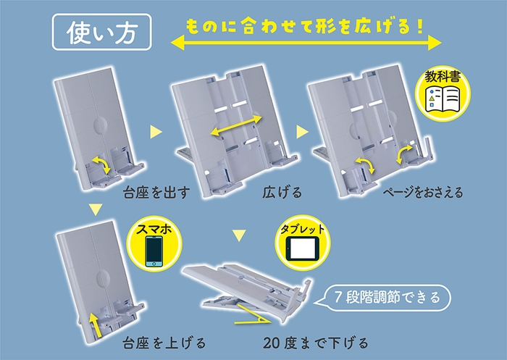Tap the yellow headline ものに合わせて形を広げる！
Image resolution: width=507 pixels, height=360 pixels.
coord(303,25)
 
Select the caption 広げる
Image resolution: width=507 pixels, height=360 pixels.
coord(279,194)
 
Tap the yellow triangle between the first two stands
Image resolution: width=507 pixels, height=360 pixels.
coord(154,132)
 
